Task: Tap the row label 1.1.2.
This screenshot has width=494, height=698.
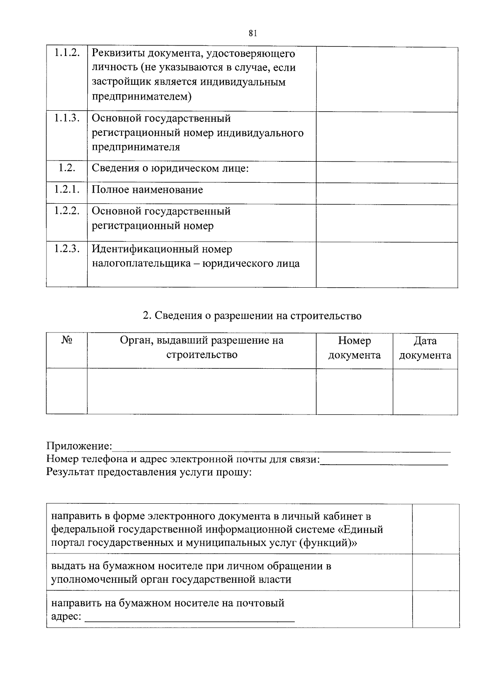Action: pos(67,53)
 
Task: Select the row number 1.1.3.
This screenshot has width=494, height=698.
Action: pos(67,118)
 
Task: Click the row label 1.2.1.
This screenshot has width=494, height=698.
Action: pos(67,190)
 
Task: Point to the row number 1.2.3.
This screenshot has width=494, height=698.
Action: pos(67,249)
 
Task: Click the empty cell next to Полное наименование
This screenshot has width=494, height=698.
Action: pos(387,193)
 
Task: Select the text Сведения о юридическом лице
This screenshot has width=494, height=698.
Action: pos(170,168)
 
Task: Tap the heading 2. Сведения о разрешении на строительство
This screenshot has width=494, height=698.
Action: pos(252,316)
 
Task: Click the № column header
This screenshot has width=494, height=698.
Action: pos(67,341)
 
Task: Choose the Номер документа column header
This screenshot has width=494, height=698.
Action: pos(354,348)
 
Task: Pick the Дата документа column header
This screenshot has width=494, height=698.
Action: pos(425,348)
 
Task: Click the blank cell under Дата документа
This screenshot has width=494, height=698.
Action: pos(425,391)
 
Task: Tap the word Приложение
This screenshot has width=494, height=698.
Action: pos(79,446)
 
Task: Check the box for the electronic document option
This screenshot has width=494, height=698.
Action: pos(435,529)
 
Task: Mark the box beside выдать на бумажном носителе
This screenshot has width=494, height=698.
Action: pos(435,572)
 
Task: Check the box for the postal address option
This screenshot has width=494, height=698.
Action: pos(435,609)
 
